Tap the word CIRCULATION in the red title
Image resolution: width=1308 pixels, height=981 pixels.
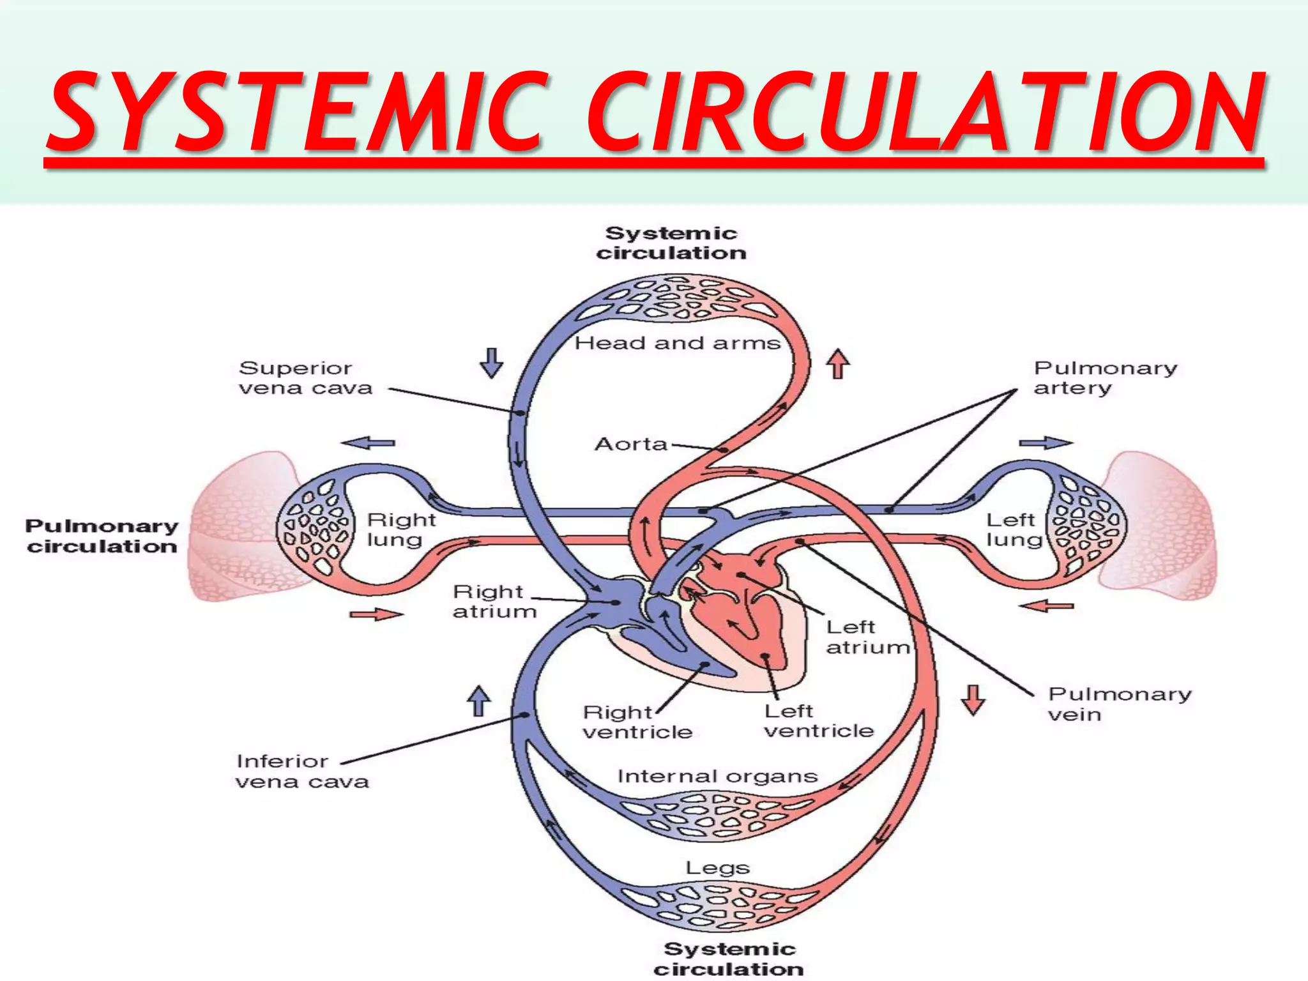pyautogui.click(x=925, y=112)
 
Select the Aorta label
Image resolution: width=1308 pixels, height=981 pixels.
pyautogui.click(x=631, y=444)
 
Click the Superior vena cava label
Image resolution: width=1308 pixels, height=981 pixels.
pyautogui.click(x=305, y=378)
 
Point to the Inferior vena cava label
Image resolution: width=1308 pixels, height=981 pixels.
pyautogui.click(x=301, y=772)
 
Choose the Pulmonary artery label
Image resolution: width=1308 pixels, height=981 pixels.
pyautogui.click(x=1105, y=378)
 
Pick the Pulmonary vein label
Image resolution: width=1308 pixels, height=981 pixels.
pyautogui.click(x=1119, y=704)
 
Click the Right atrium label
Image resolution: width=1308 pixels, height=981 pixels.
pyautogui.click(x=494, y=602)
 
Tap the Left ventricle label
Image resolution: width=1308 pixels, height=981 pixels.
pyautogui.click(x=819, y=721)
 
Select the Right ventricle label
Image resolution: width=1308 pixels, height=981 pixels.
pyautogui.click(x=637, y=722)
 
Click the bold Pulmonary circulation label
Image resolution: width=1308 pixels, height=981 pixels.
pyautogui.click(x=102, y=536)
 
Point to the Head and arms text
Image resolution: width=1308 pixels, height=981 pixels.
pyautogui.click(x=677, y=344)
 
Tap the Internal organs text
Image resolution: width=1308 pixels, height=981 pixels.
pyautogui.click(x=717, y=777)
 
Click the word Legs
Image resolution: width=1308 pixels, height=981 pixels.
pyautogui.click(x=717, y=868)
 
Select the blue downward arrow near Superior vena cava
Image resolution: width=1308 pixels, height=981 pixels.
pyautogui.click(x=491, y=363)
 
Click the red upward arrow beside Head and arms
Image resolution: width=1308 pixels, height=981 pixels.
pyautogui.click(x=838, y=364)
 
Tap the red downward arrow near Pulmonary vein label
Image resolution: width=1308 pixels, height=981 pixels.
pyautogui.click(x=973, y=700)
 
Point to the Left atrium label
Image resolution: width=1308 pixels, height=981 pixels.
pyautogui.click(x=867, y=637)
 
